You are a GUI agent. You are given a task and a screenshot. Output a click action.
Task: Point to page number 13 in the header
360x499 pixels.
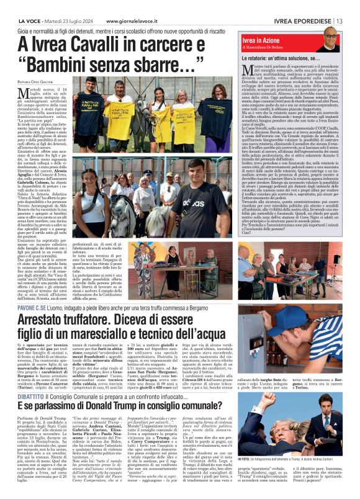[340, 5]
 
